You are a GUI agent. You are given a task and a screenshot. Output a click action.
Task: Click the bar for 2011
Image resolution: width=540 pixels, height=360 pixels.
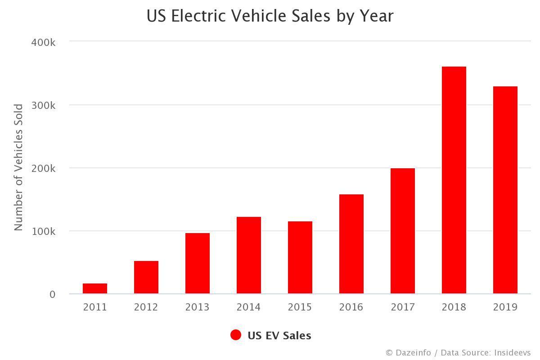point(95,288)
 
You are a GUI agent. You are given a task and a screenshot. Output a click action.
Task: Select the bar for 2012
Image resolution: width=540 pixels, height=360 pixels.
point(146,277)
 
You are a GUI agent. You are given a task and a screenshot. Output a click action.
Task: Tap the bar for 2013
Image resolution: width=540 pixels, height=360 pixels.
point(198,263)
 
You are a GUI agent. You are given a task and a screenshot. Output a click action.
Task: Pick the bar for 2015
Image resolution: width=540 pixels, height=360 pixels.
point(300,257)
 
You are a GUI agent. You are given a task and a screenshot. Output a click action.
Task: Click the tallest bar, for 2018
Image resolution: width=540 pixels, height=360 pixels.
point(454,180)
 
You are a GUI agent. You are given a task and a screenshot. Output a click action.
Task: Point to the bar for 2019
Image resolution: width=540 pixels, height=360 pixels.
point(505,190)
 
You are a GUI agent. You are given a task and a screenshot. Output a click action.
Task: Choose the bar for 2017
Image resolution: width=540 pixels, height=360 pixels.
point(403,231)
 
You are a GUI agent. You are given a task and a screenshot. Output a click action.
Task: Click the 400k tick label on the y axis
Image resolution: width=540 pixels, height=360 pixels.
point(43,42)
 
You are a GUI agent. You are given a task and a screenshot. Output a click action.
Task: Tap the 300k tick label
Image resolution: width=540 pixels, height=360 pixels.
point(43,105)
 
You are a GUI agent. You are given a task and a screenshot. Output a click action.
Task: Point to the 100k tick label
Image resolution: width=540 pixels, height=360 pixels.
point(43,231)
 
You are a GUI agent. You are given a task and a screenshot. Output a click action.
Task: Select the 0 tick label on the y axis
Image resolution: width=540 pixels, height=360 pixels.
point(53,294)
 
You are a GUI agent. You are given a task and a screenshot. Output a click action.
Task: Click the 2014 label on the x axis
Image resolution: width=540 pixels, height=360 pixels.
point(249,307)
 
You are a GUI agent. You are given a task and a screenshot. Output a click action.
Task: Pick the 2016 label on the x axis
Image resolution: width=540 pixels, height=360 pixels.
point(351,307)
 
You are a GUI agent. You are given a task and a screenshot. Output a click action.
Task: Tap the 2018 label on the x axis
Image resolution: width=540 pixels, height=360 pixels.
point(454,307)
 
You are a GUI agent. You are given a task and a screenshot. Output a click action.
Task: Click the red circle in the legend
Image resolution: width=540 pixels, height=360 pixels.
point(236,335)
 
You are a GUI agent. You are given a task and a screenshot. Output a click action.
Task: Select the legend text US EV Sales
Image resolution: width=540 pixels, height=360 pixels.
point(279,336)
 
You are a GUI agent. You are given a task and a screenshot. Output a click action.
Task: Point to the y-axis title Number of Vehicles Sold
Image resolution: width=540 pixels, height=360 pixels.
point(18,167)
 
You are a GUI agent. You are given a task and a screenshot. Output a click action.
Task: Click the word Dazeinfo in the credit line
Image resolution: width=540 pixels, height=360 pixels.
point(413,353)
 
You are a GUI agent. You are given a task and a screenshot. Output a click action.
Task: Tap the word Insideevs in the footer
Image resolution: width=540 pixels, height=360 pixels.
point(512,353)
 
